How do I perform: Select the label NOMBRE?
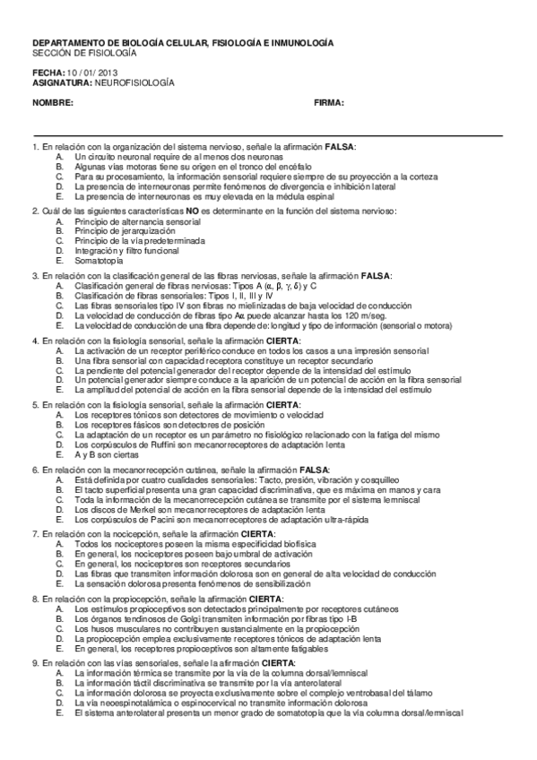tap(53, 103)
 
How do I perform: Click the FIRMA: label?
tap(329, 103)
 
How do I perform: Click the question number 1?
tap(34, 146)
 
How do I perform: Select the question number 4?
tap(34, 341)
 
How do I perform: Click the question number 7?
tap(34, 534)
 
